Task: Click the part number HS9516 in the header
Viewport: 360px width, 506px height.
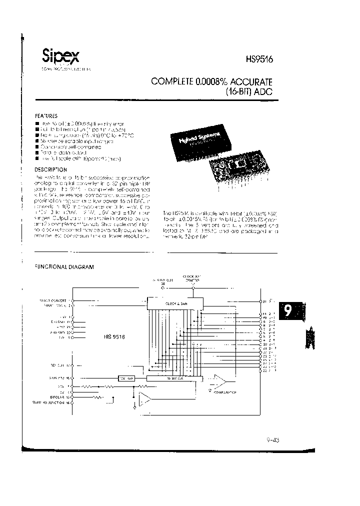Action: [258, 58]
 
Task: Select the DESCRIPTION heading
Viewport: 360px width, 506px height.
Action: [50, 169]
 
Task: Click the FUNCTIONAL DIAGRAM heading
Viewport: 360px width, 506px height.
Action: [64, 267]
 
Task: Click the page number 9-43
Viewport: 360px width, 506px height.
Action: [273, 440]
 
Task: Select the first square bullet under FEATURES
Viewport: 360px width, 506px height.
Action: [37, 123]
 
